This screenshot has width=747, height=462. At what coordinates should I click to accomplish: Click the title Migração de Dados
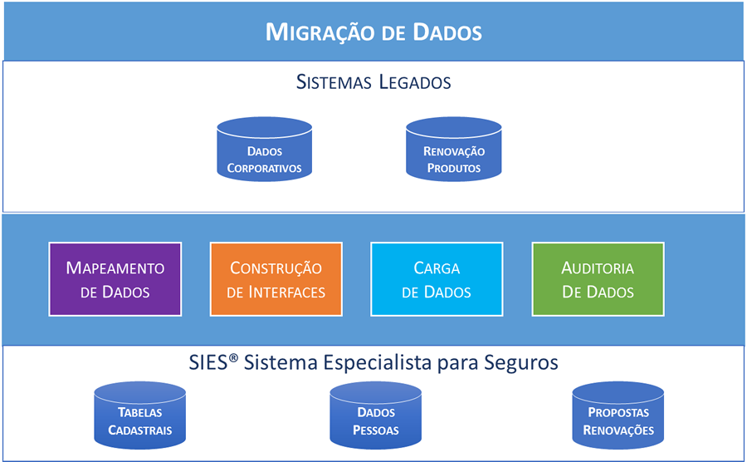pyautogui.click(x=373, y=32)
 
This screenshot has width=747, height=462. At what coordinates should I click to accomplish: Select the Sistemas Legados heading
pyautogui.click(x=373, y=82)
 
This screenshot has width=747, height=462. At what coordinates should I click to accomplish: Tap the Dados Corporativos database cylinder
pyautogui.click(x=265, y=150)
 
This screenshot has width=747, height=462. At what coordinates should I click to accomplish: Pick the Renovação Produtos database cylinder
pyautogui.click(x=454, y=150)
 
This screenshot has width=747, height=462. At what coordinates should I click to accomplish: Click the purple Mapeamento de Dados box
pyautogui.click(x=115, y=279)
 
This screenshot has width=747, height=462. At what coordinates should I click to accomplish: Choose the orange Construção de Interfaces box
pyautogui.click(x=276, y=279)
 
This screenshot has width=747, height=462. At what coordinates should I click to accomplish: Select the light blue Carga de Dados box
pyautogui.click(x=437, y=279)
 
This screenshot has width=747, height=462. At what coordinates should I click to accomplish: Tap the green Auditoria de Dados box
pyautogui.click(x=598, y=279)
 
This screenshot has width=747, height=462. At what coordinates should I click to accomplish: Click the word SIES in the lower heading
pyautogui.click(x=209, y=363)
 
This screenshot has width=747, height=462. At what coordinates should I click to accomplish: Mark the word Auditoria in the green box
pyautogui.click(x=598, y=268)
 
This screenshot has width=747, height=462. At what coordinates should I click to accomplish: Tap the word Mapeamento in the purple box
pyautogui.click(x=115, y=268)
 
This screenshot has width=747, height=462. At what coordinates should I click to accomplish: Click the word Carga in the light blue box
pyautogui.click(x=437, y=268)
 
